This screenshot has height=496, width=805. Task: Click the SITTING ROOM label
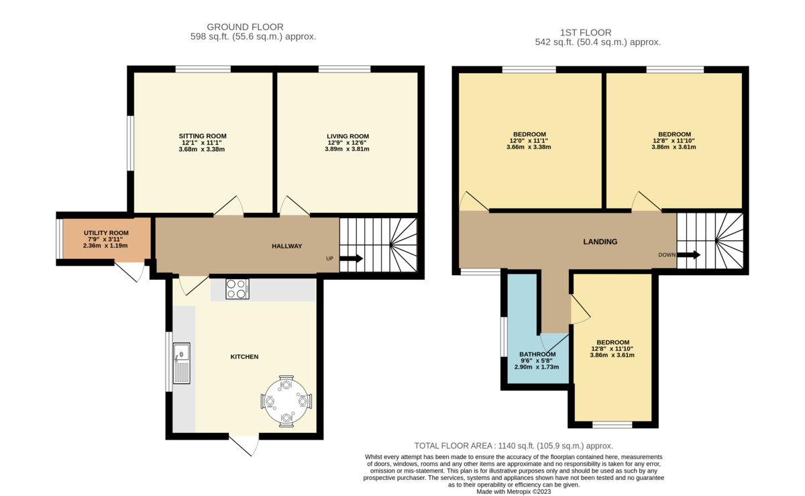point(202,136)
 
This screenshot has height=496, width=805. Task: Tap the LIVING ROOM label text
point(347,136)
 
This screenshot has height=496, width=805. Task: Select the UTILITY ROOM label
point(106,233)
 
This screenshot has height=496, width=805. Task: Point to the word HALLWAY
point(286,246)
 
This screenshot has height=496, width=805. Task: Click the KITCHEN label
point(244,356)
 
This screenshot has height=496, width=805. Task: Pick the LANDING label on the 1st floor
point(600,242)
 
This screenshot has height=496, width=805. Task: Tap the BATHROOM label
point(537,354)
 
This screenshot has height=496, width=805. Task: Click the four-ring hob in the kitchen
point(236,289)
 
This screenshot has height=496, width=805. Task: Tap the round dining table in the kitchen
point(286,401)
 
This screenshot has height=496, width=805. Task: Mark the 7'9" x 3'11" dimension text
point(106,239)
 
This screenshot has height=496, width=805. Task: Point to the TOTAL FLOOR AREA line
point(513,446)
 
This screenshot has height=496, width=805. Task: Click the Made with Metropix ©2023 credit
point(513,491)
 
